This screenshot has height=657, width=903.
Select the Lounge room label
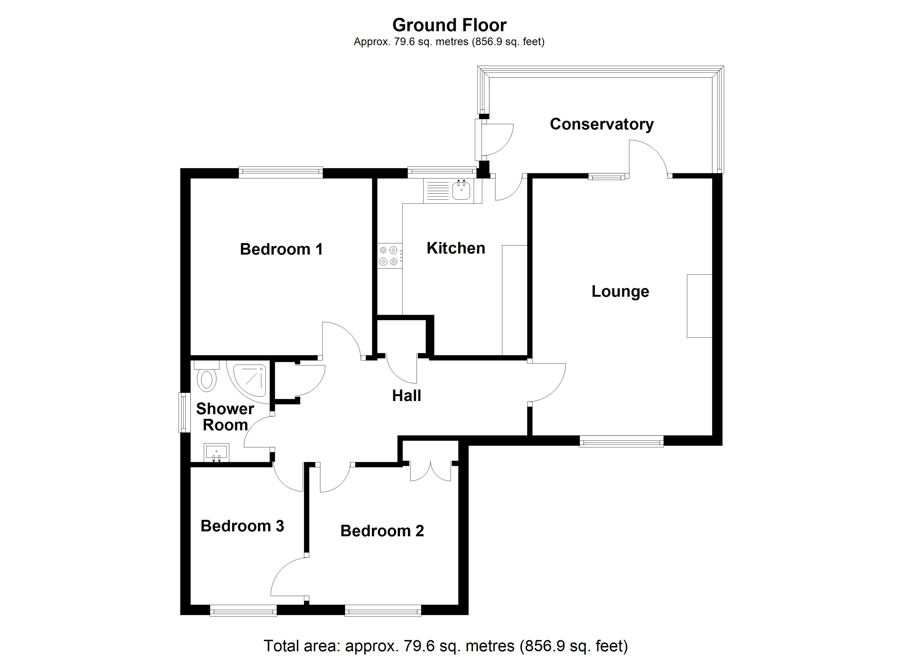620,291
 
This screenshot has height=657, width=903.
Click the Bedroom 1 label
281,249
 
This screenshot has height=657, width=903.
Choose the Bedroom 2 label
382,531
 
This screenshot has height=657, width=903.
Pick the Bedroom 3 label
242,526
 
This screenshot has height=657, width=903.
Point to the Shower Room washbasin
216,453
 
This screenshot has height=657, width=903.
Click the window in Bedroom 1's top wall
281,172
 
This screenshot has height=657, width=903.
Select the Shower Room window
184,412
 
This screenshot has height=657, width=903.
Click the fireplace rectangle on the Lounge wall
699,306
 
